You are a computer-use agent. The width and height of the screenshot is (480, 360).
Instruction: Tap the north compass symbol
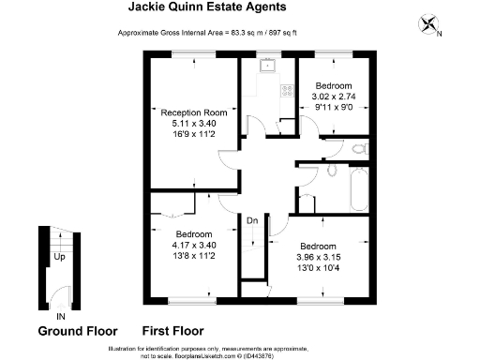click(x=431, y=25)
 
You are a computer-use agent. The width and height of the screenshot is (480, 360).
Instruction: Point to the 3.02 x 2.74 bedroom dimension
click(x=334, y=96)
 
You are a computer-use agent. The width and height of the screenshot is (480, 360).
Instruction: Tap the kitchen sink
click(x=268, y=65)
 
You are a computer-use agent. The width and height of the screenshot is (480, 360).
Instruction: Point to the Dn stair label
click(x=252, y=221)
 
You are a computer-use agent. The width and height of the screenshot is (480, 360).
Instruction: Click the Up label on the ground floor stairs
click(x=58, y=255)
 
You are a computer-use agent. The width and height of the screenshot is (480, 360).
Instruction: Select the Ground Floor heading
click(x=77, y=332)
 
